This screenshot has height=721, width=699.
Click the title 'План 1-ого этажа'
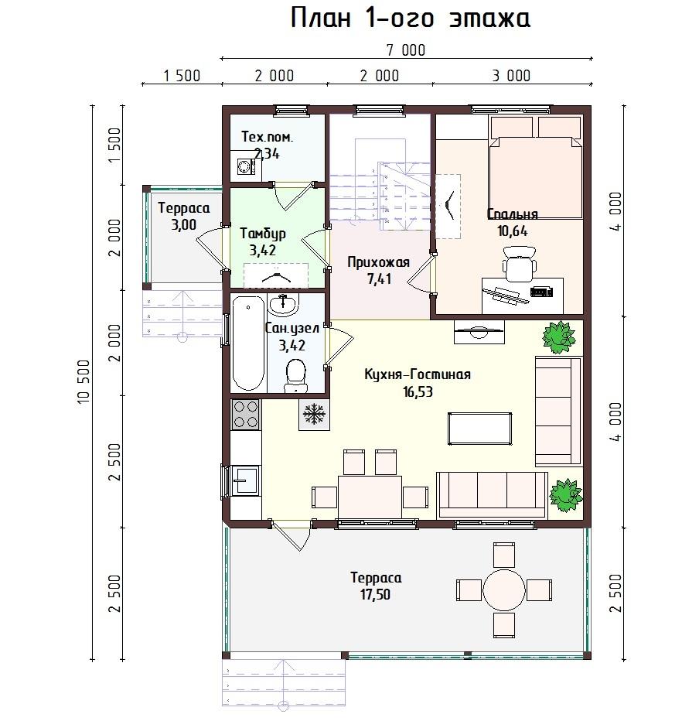pos(411,19)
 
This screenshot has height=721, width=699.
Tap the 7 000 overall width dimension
pos(406,50)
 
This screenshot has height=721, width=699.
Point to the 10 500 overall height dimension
pos(84,381)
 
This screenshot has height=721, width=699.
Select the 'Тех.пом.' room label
pos(267,137)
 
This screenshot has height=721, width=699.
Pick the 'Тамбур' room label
pos(263,234)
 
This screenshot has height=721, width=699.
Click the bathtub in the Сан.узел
pos(248,343)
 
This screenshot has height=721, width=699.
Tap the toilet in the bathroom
pos(296,376)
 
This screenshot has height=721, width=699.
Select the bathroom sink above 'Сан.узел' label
pos(283,304)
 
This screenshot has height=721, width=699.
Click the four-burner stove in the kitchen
pos(246,415)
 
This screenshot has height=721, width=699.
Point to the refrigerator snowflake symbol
pos(315,415)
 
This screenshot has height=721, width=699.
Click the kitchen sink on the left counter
pos(246,480)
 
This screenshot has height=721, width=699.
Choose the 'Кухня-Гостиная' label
pos(418,374)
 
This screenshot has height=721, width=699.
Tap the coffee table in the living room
pos(479,429)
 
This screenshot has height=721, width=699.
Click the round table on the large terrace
pos(503,590)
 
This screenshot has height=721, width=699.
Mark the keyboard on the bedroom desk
pos(541,292)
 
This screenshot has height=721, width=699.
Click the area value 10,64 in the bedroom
pos(513,231)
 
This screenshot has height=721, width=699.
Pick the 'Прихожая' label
pos(378,262)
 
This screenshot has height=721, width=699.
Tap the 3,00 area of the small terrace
pos(184,225)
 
